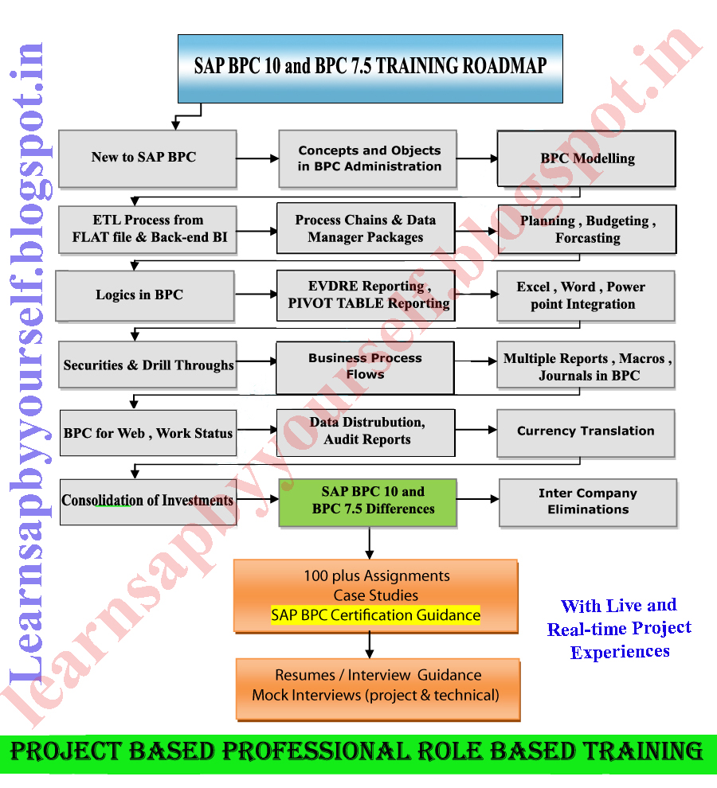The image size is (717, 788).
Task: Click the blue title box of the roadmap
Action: [370, 68]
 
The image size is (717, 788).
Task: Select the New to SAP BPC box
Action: [147, 158]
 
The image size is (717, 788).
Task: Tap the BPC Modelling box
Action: [586, 158]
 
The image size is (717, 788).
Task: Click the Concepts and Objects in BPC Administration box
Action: [368, 158]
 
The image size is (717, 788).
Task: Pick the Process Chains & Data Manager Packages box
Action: [366, 229]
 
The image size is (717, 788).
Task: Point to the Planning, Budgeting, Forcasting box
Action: [587, 229]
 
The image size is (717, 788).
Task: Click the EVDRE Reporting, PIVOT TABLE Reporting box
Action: [366, 295]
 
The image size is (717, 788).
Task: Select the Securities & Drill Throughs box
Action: [148, 366]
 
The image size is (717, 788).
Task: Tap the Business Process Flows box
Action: [365, 367]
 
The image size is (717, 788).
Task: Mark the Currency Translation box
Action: [586, 431]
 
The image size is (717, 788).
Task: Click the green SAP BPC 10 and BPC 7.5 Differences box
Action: [368, 502]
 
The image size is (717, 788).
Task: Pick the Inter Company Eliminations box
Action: [588, 502]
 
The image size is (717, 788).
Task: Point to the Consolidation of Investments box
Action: [148, 501]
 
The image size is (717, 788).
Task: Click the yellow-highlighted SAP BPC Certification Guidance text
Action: [375, 615]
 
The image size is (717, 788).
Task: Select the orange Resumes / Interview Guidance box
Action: [378, 685]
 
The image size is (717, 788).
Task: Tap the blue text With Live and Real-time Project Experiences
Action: [619, 629]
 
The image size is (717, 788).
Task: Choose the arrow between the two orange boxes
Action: [370, 645]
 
